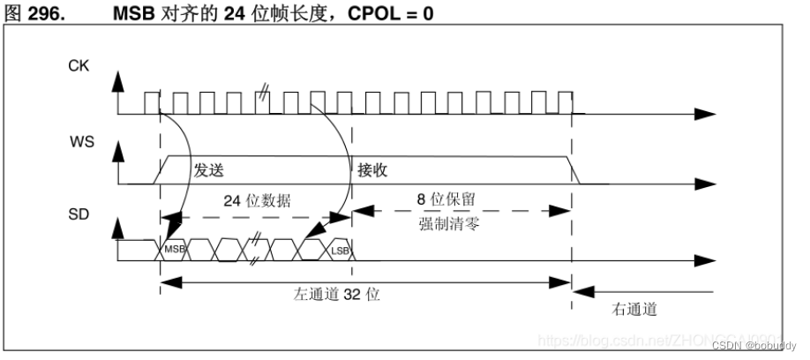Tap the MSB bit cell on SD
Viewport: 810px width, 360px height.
click(173, 250)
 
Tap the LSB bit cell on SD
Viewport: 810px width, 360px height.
click(340, 250)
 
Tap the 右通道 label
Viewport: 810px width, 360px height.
click(634, 310)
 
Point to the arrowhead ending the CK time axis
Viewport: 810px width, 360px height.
click(706, 114)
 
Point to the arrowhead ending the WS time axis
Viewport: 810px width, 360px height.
click(706, 184)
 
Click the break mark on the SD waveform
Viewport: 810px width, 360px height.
click(257, 250)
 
